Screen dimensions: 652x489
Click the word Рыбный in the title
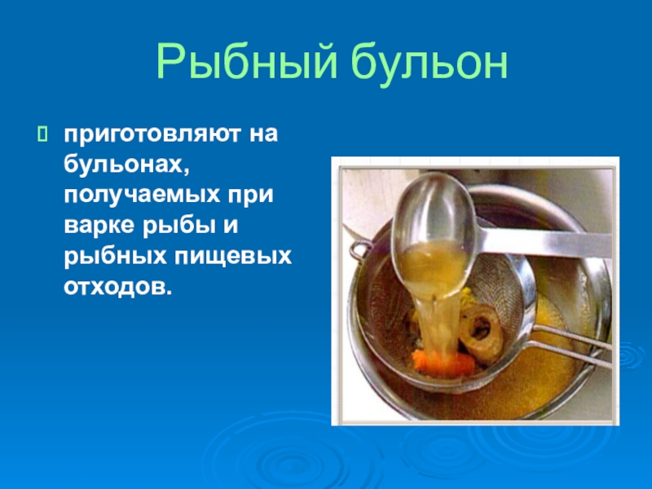(x=246, y=61)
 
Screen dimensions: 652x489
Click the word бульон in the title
(x=430, y=63)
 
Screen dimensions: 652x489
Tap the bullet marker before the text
(x=42, y=134)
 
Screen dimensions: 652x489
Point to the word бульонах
(x=124, y=165)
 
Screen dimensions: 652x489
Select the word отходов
(x=117, y=287)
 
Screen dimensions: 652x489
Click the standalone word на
(x=263, y=134)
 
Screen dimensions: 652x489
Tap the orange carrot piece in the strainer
(x=443, y=363)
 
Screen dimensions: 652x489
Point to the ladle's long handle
(x=544, y=242)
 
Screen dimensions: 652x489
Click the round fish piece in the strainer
(x=482, y=332)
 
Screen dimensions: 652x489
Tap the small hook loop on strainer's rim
(x=359, y=250)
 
